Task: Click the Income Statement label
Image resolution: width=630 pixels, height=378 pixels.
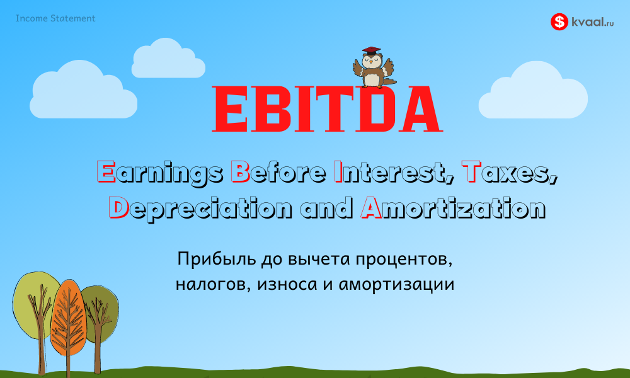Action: click(x=55, y=18)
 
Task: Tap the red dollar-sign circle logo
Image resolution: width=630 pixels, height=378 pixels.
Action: click(x=559, y=21)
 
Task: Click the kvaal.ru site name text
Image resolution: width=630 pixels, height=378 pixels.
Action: click(x=593, y=21)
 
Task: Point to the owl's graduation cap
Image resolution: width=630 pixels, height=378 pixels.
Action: click(x=371, y=50)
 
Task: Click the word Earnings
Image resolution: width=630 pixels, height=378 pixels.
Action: click(x=160, y=173)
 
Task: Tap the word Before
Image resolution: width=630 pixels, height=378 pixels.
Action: click(x=278, y=172)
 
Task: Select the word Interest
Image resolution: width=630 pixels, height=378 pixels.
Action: click(x=394, y=173)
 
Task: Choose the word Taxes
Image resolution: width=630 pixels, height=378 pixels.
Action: click(x=510, y=173)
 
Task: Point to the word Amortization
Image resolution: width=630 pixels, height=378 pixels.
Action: click(x=453, y=208)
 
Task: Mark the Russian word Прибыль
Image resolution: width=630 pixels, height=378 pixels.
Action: click(x=217, y=259)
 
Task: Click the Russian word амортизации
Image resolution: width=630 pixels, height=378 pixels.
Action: click(x=396, y=284)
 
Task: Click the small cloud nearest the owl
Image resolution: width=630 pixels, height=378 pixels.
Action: click(x=168, y=59)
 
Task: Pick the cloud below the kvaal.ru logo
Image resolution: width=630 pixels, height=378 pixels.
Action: click(x=533, y=91)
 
